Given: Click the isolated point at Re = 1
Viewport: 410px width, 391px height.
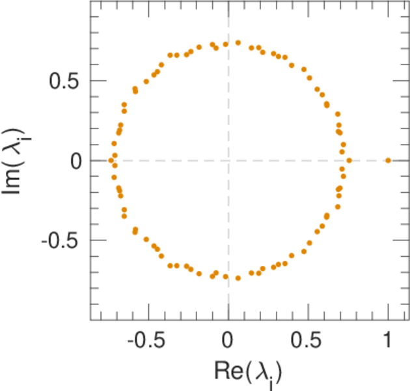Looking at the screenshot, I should click(x=388, y=160).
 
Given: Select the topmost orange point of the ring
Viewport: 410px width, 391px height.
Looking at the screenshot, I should click(x=238, y=42).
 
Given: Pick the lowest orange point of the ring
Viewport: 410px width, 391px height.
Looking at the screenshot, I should click(x=238, y=278).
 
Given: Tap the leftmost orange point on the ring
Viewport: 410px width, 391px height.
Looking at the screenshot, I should click(x=111, y=160).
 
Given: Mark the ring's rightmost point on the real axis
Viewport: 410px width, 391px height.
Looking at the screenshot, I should click(x=349, y=160).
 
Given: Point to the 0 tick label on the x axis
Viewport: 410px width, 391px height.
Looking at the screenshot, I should click(x=228, y=341).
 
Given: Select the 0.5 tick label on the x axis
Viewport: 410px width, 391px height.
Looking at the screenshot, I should click(x=308, y=341).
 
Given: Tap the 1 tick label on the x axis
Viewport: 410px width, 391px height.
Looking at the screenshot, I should click(x=388, y=341).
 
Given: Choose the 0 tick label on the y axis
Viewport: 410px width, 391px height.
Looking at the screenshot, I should click(x=76, y=160).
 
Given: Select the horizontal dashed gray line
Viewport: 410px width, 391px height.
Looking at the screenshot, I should click(x=286, y=160).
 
